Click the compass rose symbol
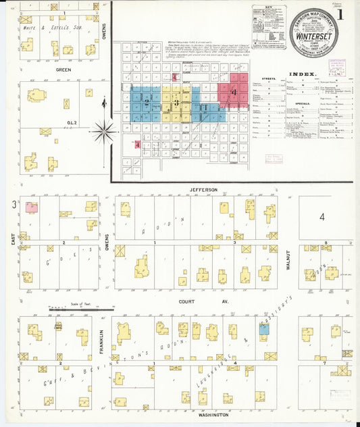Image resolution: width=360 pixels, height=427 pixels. (x=104, y=131)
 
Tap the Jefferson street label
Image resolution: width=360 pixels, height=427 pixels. (x=203, y=191)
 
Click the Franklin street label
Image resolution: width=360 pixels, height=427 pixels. (x=103, y=338)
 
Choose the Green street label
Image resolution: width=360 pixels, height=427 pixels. (x=63, y=69)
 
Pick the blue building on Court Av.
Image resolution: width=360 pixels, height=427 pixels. (x=264, y=328)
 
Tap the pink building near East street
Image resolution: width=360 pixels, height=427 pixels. (x=31, y=208)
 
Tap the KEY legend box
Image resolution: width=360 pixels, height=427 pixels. (x=269, y=27)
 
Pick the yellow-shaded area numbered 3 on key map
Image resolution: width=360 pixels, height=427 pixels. (x=177, y=103)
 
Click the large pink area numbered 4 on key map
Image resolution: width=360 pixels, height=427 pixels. (x=234, y=91)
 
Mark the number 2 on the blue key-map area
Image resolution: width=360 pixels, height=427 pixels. (x=146, y=103)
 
